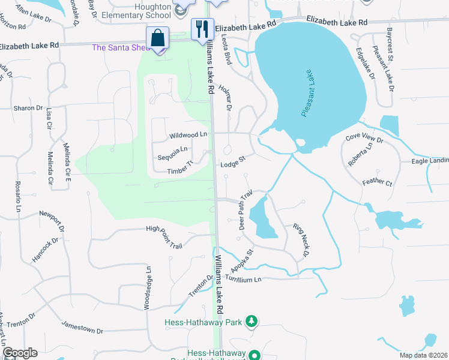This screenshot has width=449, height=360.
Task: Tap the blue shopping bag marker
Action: click(x=157, y=38)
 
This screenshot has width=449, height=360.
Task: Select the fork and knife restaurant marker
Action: click(x=202, y=28)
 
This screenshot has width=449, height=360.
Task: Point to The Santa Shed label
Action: click(x=120, y=48)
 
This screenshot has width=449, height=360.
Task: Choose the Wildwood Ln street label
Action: click(x=188, y=136)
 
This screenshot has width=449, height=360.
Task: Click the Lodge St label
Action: click(x=234, y=163)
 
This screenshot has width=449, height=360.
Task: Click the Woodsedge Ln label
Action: click(x=147, y=288)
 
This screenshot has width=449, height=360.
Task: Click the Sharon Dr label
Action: click(x=28, y=109)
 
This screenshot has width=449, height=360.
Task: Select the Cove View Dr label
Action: click(x=364, y=137)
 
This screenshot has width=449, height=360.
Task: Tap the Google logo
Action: click(x=20, y=353)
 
